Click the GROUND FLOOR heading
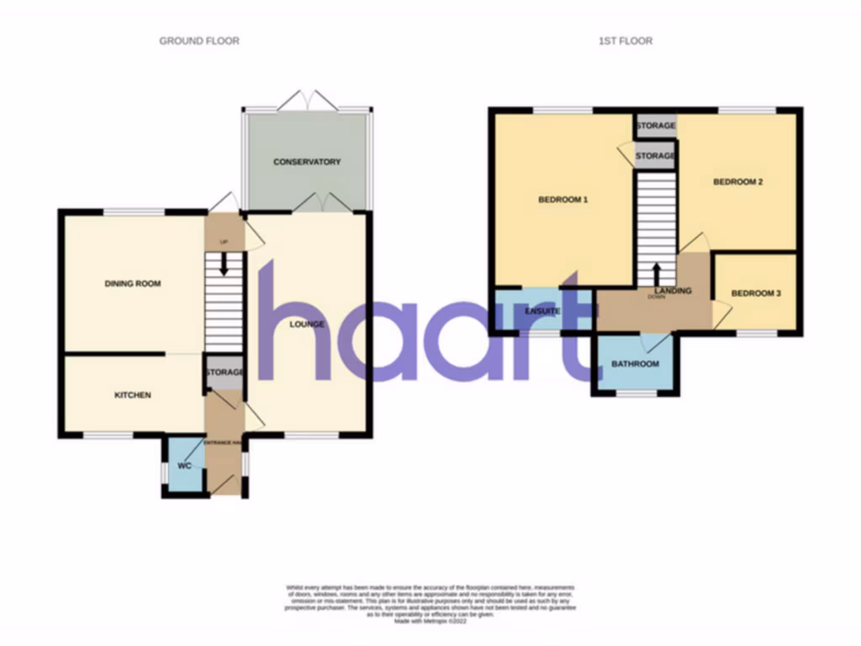(x=199, y=40)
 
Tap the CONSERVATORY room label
(x=307, y=161)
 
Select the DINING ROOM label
(x=133, y=284)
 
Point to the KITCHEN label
(x=133, y=394)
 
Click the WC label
(x=184, y=465)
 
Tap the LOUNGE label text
(x=307, y=324)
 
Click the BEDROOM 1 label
(x=563, y=200)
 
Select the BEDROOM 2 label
(x=737, y=182)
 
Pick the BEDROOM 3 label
(x=756, y=294)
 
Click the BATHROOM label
(x=635, y=364)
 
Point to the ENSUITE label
(x=543, y=311)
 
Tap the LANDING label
(x=673, y=291)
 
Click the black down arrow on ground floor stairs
(x=224, y=263)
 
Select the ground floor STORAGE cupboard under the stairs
(x=224, y=373)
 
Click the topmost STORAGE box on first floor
(x=655, y=126)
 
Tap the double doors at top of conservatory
(x=308, y=101)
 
